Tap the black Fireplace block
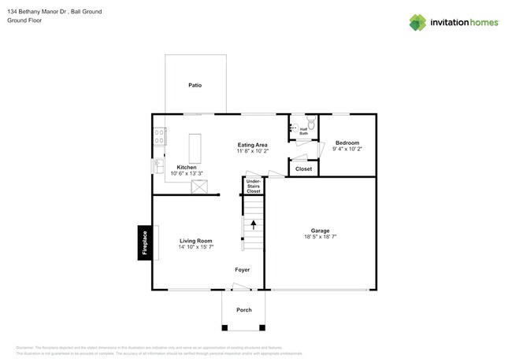click(145, 242)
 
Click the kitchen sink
click(158, 166)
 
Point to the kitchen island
click(195, 147)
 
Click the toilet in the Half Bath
click(310, 124)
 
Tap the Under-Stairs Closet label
click(253, 187)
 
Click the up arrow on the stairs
click(253, 224)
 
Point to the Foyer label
click(243, 270)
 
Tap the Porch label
click(244, 310)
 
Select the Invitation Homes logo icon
click(419, 22)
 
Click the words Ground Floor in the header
click(24, 21)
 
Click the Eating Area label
click(253, 145)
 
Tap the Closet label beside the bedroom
click(303, 169)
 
